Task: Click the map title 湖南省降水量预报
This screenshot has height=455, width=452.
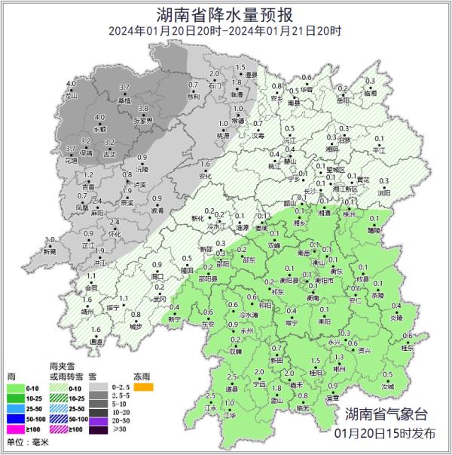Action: (225, 13)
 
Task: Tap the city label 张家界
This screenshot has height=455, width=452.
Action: (142, 121)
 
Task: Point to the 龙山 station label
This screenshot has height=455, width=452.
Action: (72, 97)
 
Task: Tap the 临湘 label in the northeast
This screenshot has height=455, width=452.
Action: (369, 93)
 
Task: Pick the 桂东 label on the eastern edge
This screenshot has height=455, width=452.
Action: (408, 347)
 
